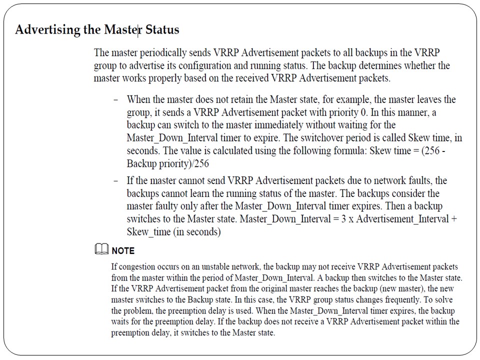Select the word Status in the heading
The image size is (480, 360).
(161, 30)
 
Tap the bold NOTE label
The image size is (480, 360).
(123, 251)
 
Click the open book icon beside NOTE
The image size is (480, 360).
(101, 249)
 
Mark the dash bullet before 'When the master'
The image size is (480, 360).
(116, 100)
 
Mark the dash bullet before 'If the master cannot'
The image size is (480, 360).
(116, 181)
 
